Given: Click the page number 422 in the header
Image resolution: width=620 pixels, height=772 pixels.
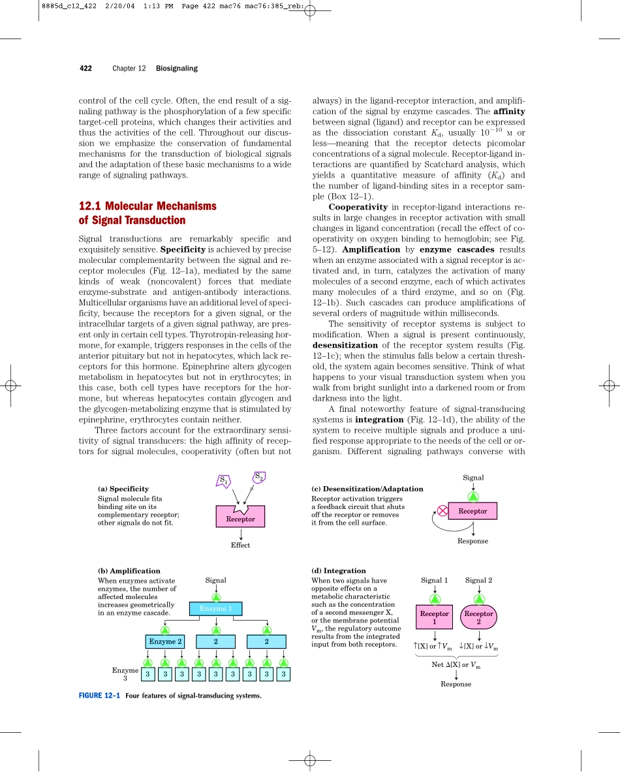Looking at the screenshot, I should point(85,69).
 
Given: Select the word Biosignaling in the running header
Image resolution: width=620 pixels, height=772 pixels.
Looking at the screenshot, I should point(176,69).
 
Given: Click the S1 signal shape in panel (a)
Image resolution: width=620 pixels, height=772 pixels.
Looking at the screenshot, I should point(223,481).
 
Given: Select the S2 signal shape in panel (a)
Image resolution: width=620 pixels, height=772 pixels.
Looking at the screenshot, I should point(258,477).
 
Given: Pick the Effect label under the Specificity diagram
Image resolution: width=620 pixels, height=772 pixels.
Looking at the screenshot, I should point(240,545).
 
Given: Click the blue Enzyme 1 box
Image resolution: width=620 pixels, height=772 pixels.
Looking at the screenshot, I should point(215,609).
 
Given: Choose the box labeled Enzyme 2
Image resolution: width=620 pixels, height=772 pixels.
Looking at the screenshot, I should point(165,641).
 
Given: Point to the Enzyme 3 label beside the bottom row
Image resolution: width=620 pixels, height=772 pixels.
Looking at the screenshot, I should point(125,674).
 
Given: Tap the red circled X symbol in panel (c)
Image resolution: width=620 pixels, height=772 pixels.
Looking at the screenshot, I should point(443,511).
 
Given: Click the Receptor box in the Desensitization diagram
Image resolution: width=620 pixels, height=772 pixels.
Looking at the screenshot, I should point(473,511).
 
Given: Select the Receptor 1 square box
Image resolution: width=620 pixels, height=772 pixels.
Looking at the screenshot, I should point(434,617).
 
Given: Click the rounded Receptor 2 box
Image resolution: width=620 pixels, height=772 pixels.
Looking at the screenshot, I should point(478,617).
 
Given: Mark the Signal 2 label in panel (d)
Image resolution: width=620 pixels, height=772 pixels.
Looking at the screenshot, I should point(478,580).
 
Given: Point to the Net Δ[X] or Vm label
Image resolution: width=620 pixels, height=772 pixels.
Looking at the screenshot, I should point(456,664).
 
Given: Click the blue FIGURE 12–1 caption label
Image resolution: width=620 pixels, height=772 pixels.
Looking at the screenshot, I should point(99,695).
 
